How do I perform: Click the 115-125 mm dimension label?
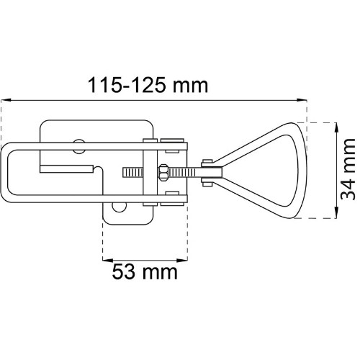[x=148, y=85]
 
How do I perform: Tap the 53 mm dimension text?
[x=145, y=271]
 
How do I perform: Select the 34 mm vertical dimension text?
[x=348, y=169]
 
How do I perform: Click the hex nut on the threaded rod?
[x=163, y=172]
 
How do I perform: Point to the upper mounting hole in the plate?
[x=79, y=146]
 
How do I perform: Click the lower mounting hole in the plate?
[x=120, y=207]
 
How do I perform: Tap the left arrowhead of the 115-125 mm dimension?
[x=6, y=100]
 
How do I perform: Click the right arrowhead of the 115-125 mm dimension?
[x=302, y=100]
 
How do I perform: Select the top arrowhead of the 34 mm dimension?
[x=337, y=127]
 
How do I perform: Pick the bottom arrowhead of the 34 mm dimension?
[x=337, y=213]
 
